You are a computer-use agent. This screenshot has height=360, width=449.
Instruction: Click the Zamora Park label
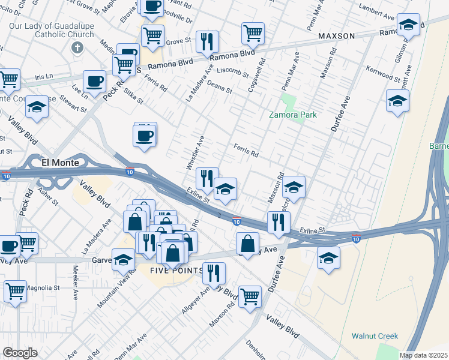[293, 115]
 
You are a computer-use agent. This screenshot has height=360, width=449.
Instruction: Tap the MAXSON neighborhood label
[337, 36]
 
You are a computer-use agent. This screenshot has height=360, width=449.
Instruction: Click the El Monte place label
[61, 162]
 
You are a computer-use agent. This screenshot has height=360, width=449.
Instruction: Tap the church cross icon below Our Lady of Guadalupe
[76, 47]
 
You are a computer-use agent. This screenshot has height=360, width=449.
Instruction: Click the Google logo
[20, 353]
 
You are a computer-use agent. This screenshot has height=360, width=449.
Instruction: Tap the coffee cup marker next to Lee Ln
[94, 82]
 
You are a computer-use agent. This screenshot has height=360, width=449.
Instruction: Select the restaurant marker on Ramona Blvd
[207, 41]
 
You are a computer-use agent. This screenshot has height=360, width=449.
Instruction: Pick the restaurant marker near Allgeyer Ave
[213, 273]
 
